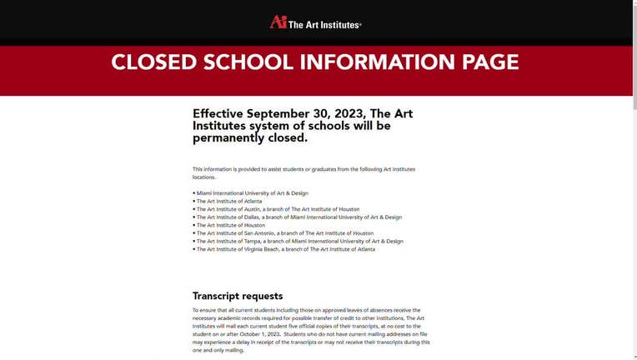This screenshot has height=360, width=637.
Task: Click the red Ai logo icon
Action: [278, 22]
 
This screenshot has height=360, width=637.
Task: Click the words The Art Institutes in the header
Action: [324, 25]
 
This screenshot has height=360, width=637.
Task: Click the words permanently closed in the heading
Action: [249, 138]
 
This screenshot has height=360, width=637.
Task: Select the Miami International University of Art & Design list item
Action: [252, 193]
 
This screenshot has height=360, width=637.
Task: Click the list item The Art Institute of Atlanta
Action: [229, 201]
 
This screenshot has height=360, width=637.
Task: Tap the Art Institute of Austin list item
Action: [278, 209]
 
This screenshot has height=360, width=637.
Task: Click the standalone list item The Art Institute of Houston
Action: [231, 225]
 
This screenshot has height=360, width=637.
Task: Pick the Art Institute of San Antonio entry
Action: [285, 233]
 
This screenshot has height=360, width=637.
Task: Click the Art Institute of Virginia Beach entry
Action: [285, 249]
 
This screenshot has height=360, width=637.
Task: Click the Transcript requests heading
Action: [238, 296]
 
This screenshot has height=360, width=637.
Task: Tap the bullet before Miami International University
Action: [194, 193]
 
